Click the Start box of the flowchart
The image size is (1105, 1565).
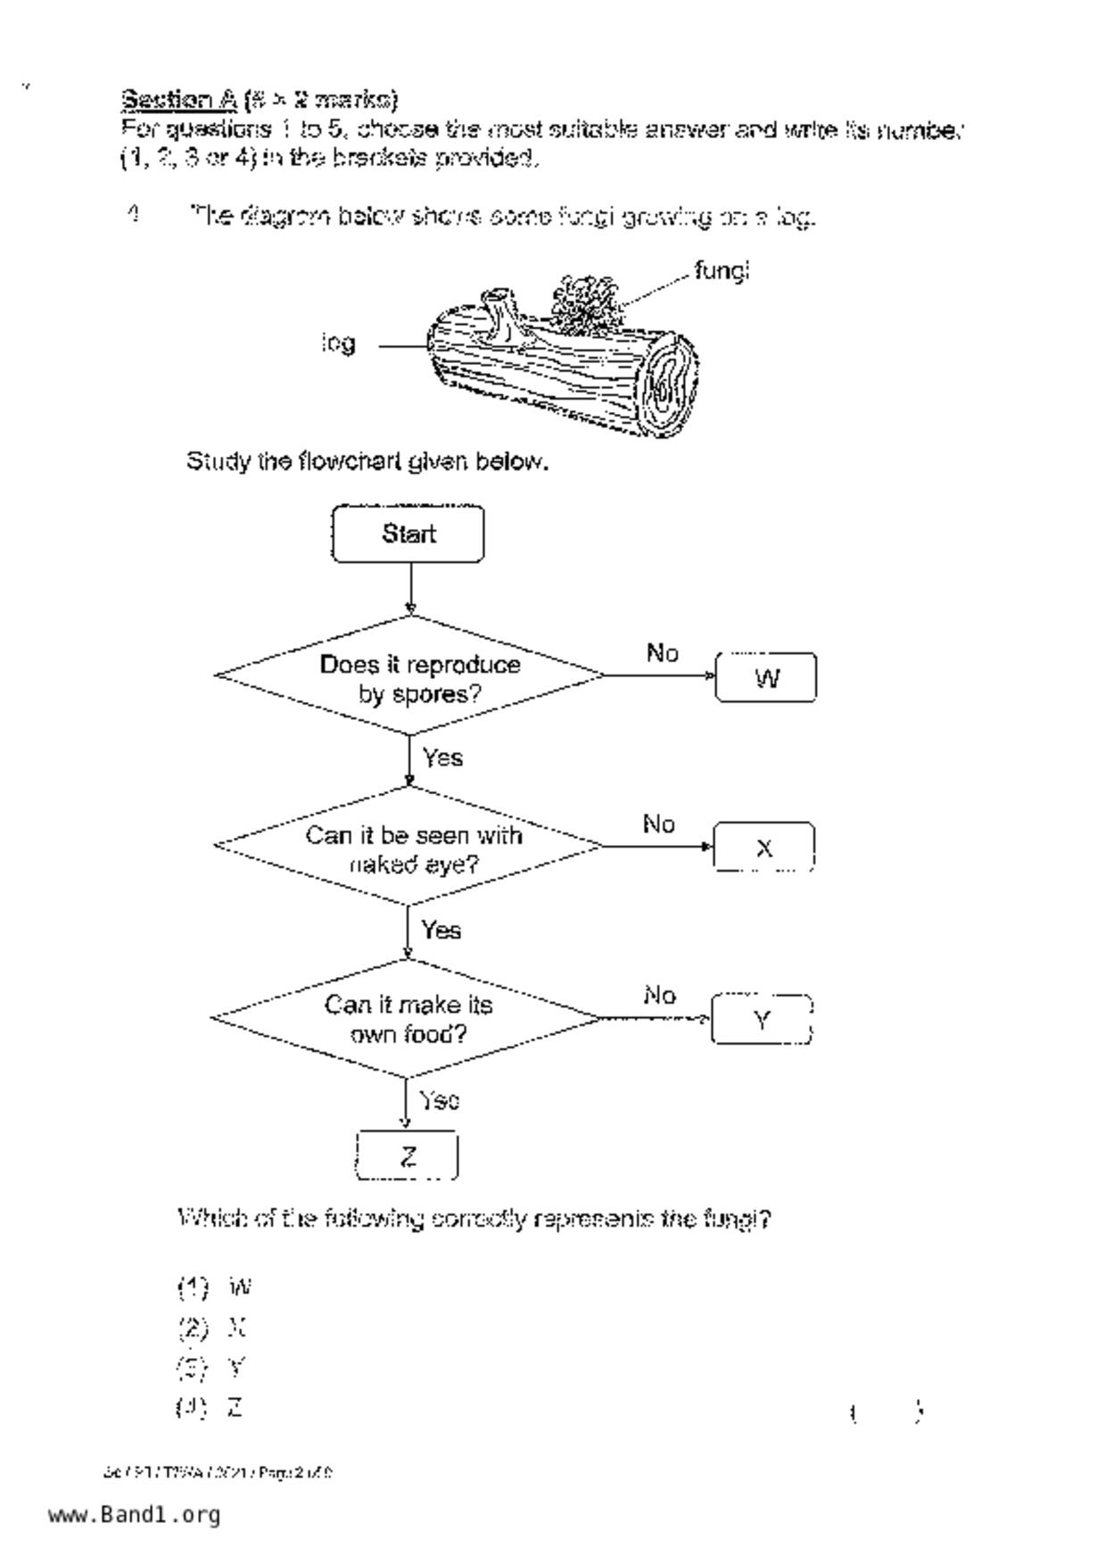coord(408,534)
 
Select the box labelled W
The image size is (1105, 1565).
coord(766,678)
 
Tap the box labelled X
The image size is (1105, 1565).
coord(764,848)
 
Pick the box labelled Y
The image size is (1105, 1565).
coord(763,1020)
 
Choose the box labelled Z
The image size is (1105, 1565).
coord(408,1156)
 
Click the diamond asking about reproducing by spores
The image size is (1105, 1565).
coord(410,675)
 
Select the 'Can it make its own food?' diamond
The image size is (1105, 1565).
coord(408,1018)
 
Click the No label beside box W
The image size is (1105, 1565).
coord(663,653)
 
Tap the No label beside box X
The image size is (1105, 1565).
coord(659,824)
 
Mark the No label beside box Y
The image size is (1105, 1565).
coord(660,995)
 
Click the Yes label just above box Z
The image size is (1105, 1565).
coord(440,1100)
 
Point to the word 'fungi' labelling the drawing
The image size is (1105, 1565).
coord(722,270)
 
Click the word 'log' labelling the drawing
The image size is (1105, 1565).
coord(339,343)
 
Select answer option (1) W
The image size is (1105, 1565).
coord(214,1287)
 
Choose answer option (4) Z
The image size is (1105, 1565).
coord(210,1408)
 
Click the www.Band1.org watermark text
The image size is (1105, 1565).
coord(134,1515)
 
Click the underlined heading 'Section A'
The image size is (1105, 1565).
coord(179,98)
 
